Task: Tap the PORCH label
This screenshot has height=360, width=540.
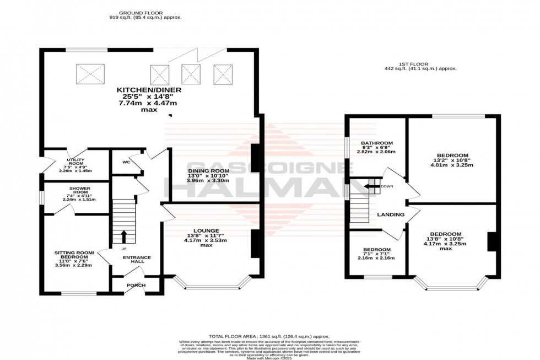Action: tap(136, 285)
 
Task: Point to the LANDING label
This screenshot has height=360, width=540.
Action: tap(391, 214)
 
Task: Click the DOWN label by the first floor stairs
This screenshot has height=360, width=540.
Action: tap(386, 186)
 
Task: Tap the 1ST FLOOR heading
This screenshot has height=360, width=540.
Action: tap(420, 64)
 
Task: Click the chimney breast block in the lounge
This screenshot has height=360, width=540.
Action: tap(255, 244)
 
